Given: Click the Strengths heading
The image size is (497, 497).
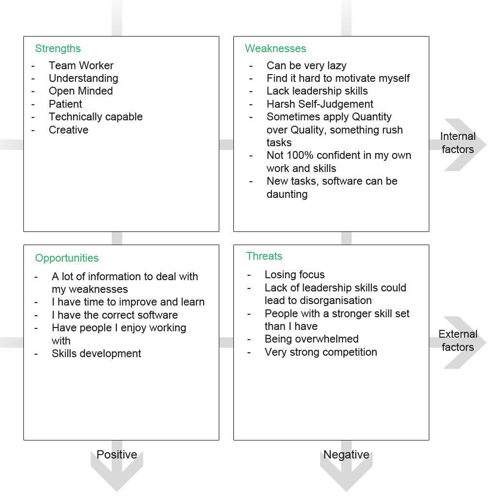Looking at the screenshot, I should pyautogui.click(x=57, y=49).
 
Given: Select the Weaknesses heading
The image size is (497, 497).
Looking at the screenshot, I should pyautogui.click(x=275, y=49).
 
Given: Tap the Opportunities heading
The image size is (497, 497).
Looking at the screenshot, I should pyautogui.click(x=67, y=258).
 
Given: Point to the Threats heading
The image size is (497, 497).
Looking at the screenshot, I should pyautogui.click(x=264, y=256).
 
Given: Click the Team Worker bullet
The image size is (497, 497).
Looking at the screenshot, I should pyautogui.click(x=81, y=66).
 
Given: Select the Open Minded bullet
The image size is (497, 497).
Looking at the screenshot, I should pyautogui.click(x=80, y=91).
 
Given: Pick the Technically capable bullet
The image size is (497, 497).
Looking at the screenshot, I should pyautogui.click(x=96, y=117).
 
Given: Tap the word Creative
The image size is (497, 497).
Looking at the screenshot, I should pyautogui.click(x=69, y=130).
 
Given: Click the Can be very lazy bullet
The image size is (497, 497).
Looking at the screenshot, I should pyautogui.click(x=306, y=66).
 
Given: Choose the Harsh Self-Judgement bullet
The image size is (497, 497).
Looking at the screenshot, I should pyautogui.click(x=320, y=104).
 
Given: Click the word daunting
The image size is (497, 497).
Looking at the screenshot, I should pyautogui.click(x=287, y=194).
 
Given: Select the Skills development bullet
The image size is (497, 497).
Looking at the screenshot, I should pyautogui.click(x=96, y=354).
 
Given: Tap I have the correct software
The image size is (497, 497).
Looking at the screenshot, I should pyautogui.click(x=115, y=315).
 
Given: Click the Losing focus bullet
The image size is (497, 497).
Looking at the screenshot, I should pyautogui.click(x=294, y=275).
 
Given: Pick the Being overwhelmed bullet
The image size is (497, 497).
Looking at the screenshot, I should pyautogui.click(x=311, y=339).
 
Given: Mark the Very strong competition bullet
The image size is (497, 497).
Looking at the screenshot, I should pyautogui.click(x=321, y=352).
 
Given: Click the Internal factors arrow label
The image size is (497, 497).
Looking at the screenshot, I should pyautogui.click(x=458, y=143).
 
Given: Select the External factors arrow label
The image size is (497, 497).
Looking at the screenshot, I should pyautogui.click(x=458, y=341).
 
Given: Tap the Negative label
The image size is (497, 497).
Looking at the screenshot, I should pyautogui.click(x=346, y=455).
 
